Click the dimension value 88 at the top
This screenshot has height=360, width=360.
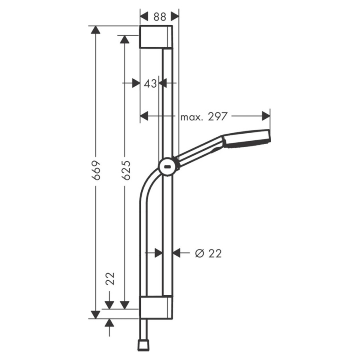click(160, 17)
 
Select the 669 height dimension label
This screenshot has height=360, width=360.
click(96, 170)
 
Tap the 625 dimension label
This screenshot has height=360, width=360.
click(126, 170)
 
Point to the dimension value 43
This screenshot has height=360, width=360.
click(150, 84)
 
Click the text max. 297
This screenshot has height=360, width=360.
click(204, 117)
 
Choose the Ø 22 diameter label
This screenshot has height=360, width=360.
click(208, 254)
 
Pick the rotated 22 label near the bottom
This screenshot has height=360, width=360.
click(110, 279)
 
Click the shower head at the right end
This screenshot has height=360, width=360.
click(246, 138)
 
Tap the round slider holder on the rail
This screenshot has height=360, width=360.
click(168, 167)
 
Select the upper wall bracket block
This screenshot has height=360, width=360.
click(156, 37)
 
